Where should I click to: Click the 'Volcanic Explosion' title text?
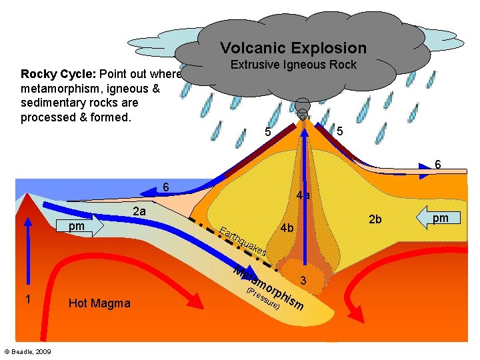tap(293, 48)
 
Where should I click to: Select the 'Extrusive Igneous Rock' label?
tap(293, 65)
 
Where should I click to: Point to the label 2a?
tap(139, 212)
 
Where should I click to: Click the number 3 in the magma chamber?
tap(303, 281)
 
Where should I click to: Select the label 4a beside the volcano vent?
tap(303, 195)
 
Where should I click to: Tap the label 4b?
tap(287, 228)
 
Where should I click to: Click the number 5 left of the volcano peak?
tap(268, 132)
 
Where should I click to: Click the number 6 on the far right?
tap(437, 164)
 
